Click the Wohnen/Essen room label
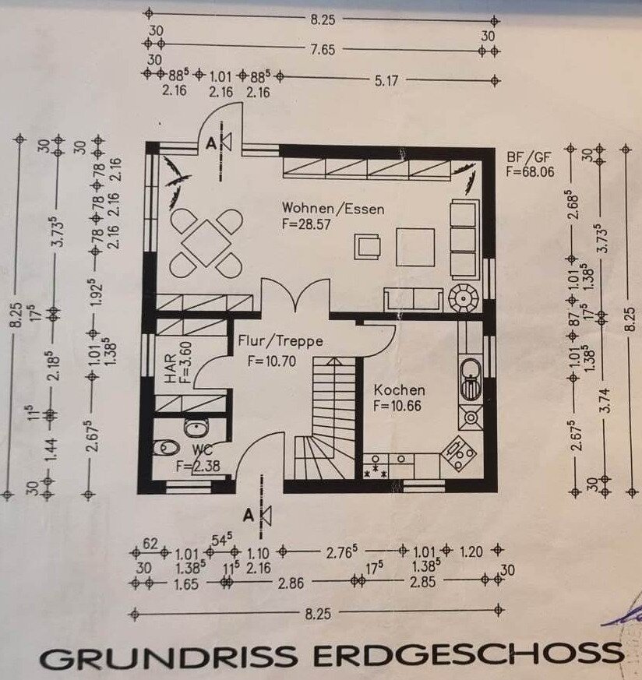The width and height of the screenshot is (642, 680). [333, 208]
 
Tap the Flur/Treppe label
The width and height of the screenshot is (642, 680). [280, 341]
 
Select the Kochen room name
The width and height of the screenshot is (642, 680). [399, 390]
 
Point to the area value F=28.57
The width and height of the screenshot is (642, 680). [306, 224]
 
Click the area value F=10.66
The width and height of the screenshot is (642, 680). [397, 406]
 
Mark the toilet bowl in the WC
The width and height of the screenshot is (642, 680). [167, 446]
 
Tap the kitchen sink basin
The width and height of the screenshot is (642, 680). [471, 378]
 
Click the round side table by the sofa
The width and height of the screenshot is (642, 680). [464, 298]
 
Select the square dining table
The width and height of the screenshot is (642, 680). [206, 243]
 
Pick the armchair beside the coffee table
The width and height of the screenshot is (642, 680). [368, 246]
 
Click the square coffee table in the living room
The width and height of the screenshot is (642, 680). [415, 247]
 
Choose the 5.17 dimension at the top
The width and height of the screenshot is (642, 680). [386, 81]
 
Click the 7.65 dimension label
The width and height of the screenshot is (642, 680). [323, 50]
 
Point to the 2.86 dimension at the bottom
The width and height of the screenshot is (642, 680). [291, 583]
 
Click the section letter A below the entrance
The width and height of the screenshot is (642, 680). [248, 515]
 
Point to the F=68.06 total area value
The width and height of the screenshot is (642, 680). [530, 171]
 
